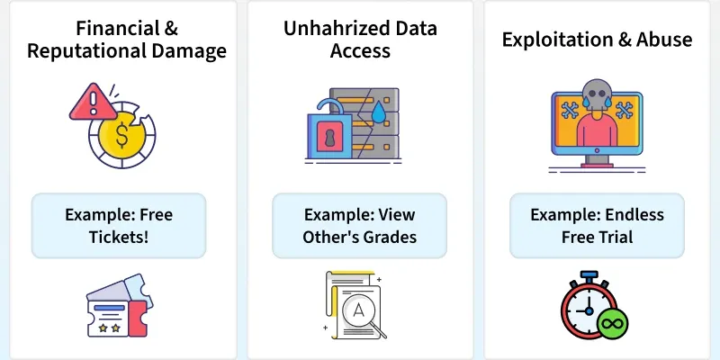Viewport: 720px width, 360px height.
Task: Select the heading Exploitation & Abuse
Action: pyautogui.click(x=597, y=40)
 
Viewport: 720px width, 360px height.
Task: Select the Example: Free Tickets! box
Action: pyautogui.click(x=120, y=226)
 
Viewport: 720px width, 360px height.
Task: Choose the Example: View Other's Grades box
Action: pyautogui.click(x=360, y=226)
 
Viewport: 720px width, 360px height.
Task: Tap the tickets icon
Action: pyautogui.click(x=119, y=307)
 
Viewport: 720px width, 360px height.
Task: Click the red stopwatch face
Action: pyautogui.click(x=588, y=310)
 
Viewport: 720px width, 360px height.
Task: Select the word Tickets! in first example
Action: pyautogui.click(x=119, y=238)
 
